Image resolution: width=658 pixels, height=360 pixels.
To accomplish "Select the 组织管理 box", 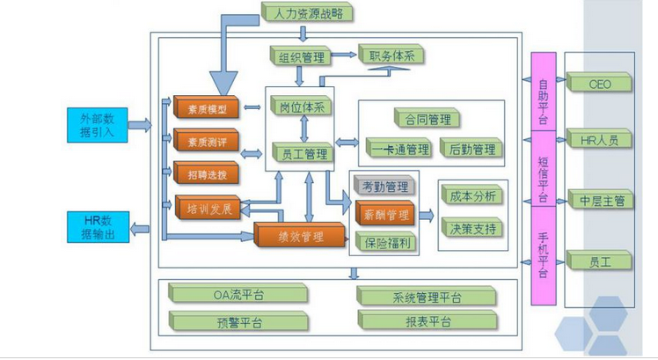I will pyautogui.click(x=301, y=58).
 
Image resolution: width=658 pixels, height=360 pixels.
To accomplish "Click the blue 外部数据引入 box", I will pyautogui.click(x=97, y=123).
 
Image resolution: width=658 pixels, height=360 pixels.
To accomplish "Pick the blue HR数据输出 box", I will pyautogui.click(x=97, y=227).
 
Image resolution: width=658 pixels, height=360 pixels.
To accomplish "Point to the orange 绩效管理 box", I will pyautogui.click(x=299, y=237).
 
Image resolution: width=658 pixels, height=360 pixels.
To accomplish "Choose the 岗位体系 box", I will pyautogui.click(x=303, y=107).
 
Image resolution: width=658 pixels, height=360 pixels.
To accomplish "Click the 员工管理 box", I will pyautogui.click(x=303, y=155).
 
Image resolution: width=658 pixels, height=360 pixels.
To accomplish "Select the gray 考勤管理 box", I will pyautogui.click(x=384, y=187).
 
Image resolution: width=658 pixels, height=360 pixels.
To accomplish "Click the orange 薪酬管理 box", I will pyautogui.click(x=384, y=215).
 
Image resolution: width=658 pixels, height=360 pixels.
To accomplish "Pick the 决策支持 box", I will pyautogui.click(x=472, y=228).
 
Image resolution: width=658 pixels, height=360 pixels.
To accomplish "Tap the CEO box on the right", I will pyautogui.click(x=600, y=84).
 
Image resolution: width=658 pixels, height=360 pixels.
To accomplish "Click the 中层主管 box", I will pyautogui.click(x=600, y=200).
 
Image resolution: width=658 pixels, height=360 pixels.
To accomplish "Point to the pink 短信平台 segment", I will pyautogui.click(x=543, y=178).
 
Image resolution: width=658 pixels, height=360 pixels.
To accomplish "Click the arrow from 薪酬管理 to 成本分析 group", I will pyautogui.click(x=425, y=215).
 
